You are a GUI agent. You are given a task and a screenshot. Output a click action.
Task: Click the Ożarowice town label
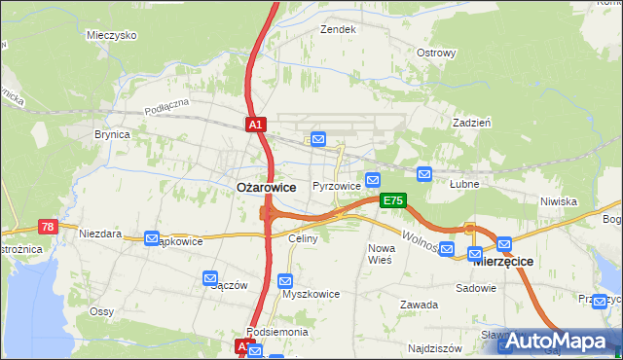point(267,187)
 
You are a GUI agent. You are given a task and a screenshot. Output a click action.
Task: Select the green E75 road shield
point(392,200)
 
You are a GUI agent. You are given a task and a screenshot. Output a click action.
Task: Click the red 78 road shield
point(47,226)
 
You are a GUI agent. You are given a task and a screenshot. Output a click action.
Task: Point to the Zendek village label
point(339,29)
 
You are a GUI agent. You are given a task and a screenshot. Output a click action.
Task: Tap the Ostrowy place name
point(436,53)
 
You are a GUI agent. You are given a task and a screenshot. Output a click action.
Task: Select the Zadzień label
point(471,123)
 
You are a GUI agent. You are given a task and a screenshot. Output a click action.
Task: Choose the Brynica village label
point(112,135)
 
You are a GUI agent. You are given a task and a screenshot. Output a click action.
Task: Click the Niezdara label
point(100,234)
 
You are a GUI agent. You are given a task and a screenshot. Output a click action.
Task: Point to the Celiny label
point(304,238)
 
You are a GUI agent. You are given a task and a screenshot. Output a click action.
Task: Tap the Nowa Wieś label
point(380,254)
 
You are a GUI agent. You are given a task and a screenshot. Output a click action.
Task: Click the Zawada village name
point(419,305)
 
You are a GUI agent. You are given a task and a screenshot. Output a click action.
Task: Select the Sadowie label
point(477,289)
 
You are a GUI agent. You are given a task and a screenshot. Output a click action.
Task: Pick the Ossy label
point(102,311)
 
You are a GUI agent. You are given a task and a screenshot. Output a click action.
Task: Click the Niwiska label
point(559,201)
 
